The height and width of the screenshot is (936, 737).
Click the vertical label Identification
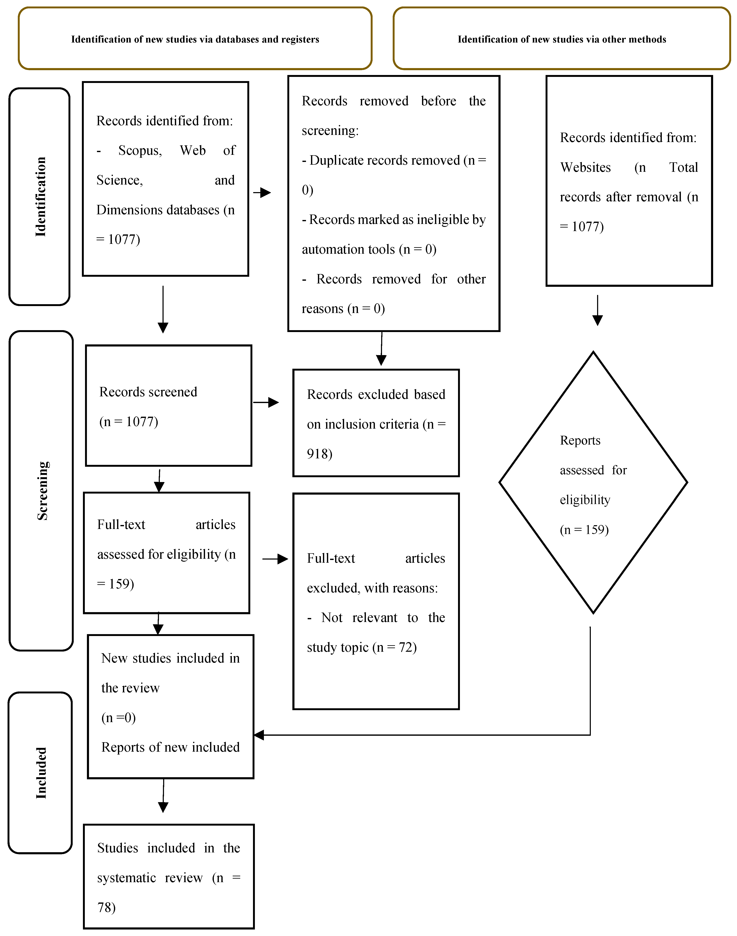pos(40,197)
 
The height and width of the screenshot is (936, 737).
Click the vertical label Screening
pos(42,491)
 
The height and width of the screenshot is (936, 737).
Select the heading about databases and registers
pos(195,39)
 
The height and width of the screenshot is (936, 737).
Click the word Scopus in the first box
pos(140,151)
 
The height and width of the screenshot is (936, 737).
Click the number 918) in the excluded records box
pos(319,454)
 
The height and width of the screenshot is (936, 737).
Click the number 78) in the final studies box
pos(106,908)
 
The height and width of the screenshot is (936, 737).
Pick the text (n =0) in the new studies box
pos(118,718)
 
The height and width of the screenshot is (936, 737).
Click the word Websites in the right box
pos(585,167)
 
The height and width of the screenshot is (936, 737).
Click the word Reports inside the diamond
pos(580,441)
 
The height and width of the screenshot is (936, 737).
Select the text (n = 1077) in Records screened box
pos(129,422)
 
